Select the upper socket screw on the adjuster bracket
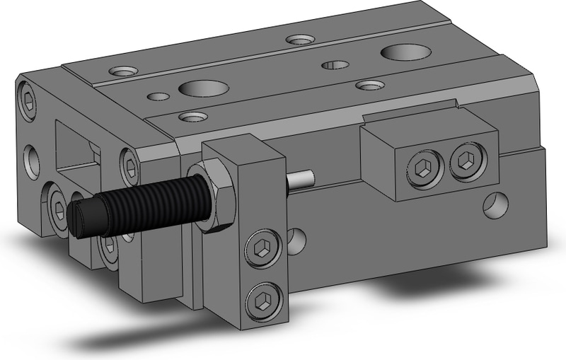(x=260, y=247)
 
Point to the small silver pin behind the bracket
(x=300, y=180)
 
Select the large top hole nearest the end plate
(x=203, y=88)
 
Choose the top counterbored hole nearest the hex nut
(x=191, y=115)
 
